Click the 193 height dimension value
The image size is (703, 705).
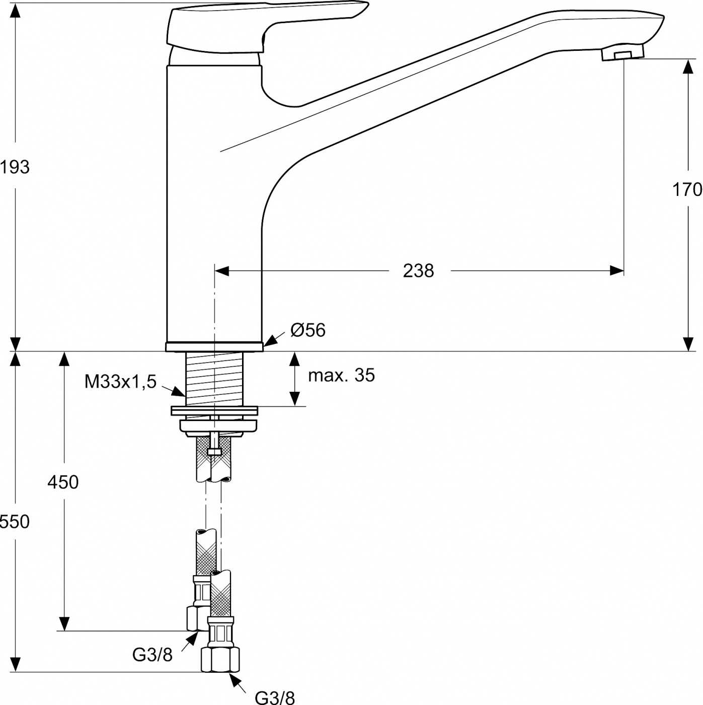click(x=15, y=167)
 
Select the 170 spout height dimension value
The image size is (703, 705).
click(x=687, y=189)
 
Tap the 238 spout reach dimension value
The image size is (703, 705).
click(x=419, y=271)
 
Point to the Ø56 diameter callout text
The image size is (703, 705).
click(x=308, y=330)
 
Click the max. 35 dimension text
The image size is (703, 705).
click(x=342, y=375)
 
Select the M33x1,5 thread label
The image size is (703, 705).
click(x=120, y=382)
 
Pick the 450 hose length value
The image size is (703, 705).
click(x=63, y=482)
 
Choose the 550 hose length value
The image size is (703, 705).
click(x=15, y=521)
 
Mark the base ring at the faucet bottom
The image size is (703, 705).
click(x=214, y=347)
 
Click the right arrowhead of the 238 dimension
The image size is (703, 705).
click(x=616, y=271)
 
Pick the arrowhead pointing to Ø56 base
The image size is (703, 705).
click(x=269, y=341)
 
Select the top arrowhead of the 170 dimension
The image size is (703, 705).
click(x=688, y=66)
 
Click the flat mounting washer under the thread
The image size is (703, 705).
click(x=215, y=410)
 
